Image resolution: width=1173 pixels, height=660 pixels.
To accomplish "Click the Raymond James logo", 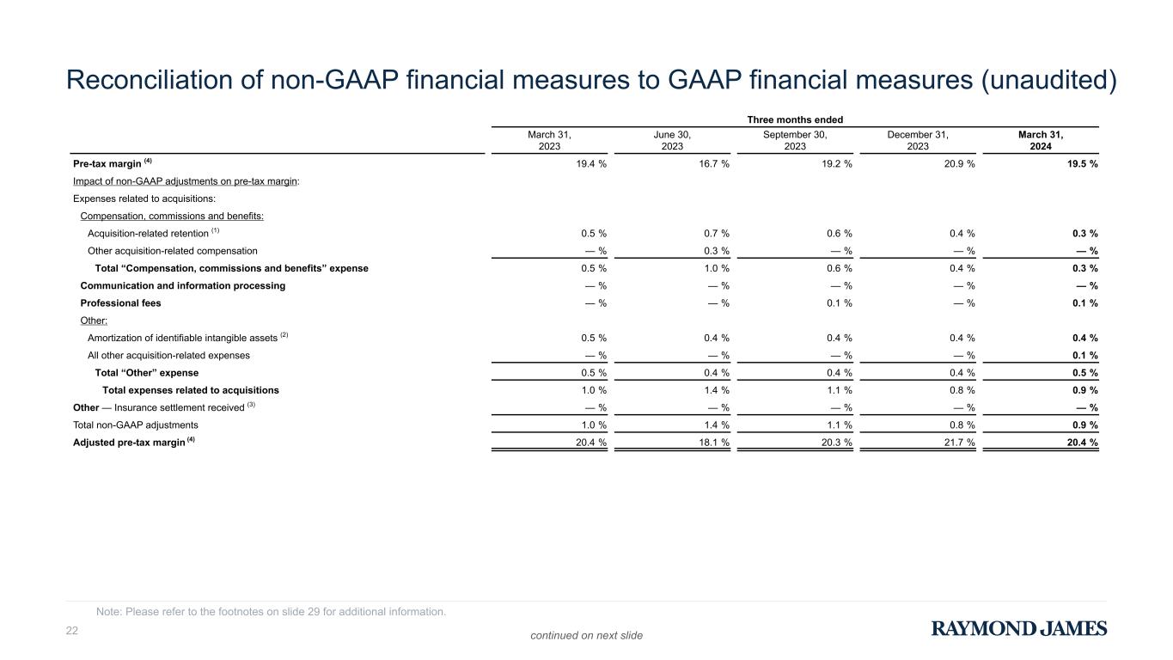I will [x=1019, y=629].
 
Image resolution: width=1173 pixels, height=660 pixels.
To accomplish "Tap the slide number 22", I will [x=72, y=631].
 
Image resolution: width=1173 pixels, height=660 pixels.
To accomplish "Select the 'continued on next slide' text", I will [x=586, y=635].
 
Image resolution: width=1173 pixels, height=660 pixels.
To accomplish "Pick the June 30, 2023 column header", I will [x=672, y=140].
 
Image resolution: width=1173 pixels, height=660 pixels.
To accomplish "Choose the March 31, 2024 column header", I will [x=1040, y=140].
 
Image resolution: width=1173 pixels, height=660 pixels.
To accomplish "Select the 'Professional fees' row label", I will [x=120, y=303].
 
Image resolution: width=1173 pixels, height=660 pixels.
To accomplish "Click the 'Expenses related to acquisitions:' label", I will [x=131, y=199].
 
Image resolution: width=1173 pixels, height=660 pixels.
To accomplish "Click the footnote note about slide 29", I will [x=272, y=612].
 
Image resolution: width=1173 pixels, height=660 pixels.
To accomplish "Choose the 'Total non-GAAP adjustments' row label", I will [x=136, y=425].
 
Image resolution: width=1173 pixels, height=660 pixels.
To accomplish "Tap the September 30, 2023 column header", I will [x=795, y=140].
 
